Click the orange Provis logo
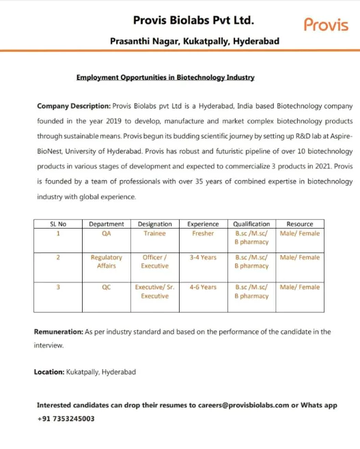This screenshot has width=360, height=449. point(325,25)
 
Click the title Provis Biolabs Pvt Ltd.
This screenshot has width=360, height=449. point(194,20)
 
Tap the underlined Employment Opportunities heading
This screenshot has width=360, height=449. point(165,78)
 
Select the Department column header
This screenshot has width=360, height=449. point(106,224)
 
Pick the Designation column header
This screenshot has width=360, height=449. point(154,224)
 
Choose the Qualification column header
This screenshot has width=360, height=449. point(251,224)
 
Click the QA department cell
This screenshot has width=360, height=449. point(106,233)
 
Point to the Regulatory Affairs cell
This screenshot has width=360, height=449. point(106,262)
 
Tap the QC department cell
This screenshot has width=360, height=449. point(106,287)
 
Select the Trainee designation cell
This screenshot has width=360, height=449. point(154,233)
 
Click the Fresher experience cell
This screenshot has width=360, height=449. point(203,233)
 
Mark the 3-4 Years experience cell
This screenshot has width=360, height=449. point(203,258)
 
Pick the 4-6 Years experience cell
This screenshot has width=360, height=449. point(203,287)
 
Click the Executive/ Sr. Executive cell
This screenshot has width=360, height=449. point(154,292)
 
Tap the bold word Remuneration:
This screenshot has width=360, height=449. point(58,332)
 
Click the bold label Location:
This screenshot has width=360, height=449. point(49,372)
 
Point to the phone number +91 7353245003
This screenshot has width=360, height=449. point(66,419)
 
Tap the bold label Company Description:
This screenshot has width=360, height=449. point(73,106)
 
